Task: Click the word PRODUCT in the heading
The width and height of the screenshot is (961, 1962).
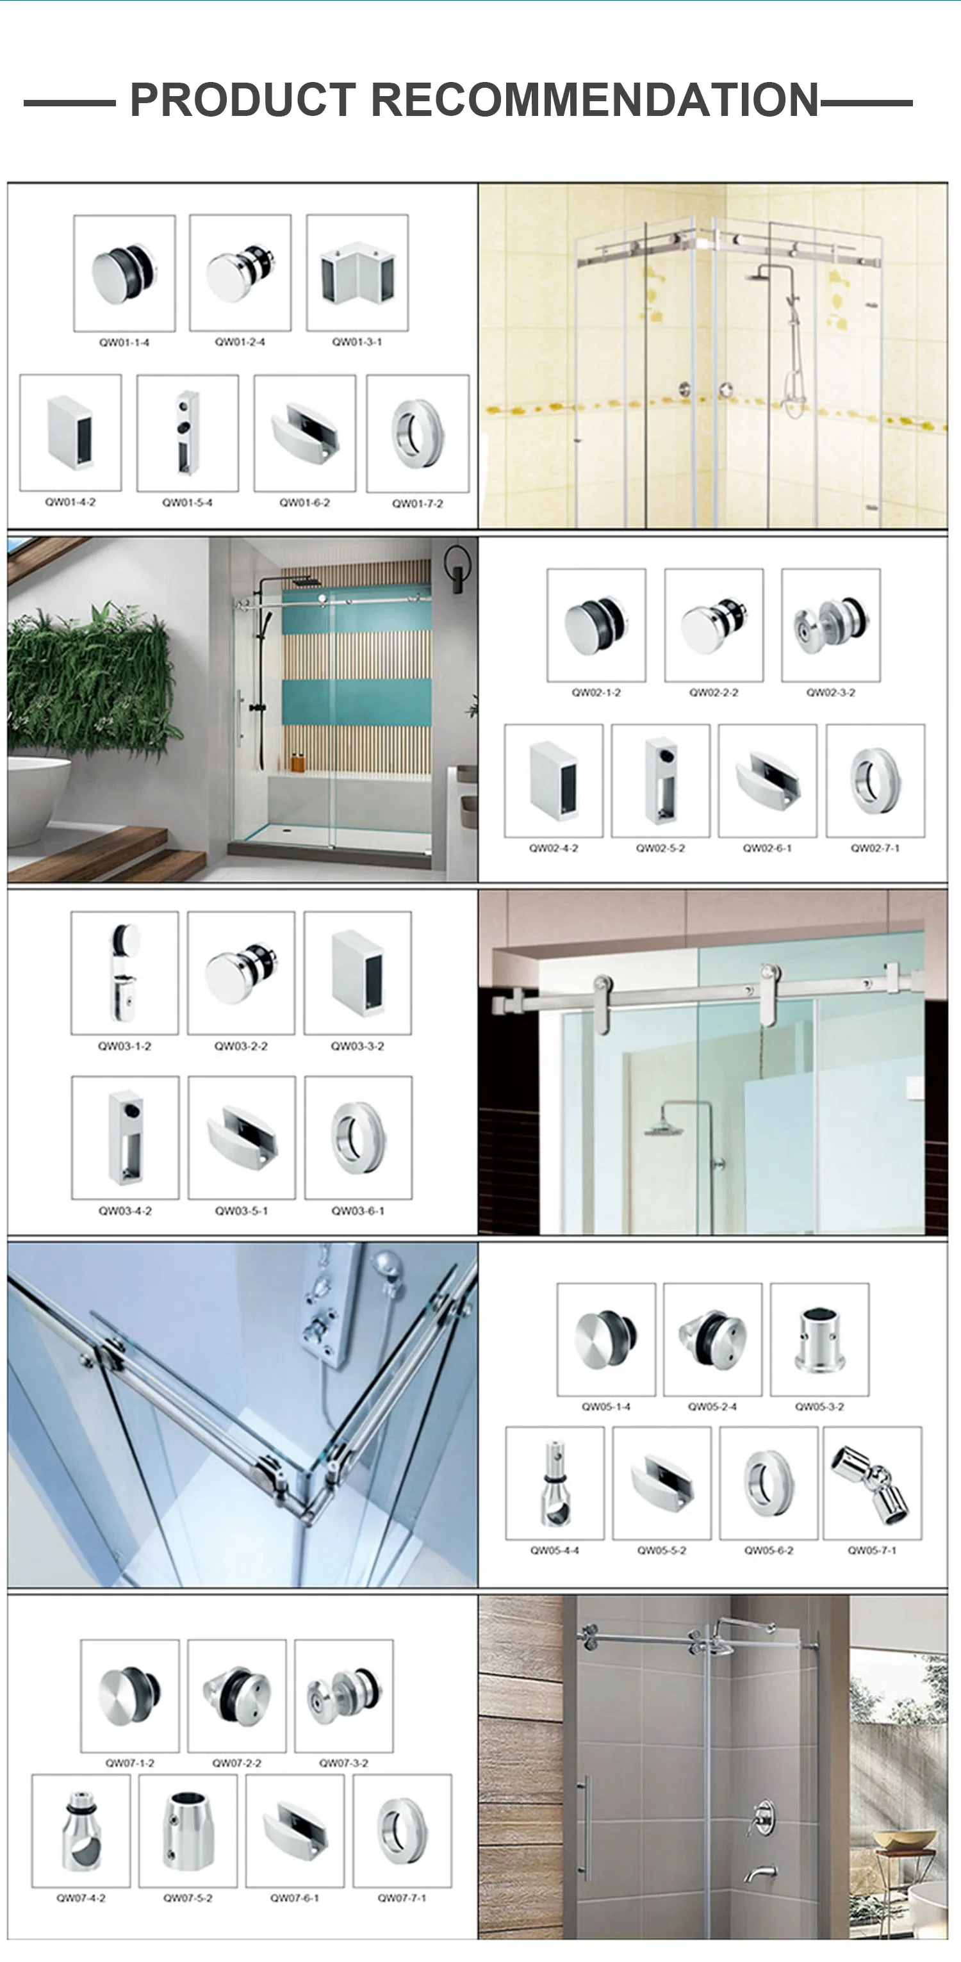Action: (242, 101)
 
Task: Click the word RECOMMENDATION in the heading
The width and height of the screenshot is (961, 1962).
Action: (594, 101)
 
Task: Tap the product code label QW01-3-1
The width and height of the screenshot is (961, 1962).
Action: (357, 342)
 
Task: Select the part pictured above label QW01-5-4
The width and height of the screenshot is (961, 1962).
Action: (187, 432)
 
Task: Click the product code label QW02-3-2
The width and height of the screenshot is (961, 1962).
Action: (831, 692)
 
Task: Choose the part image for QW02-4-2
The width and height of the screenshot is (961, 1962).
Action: (554, 781)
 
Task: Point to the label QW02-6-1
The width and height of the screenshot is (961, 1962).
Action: (768, 847)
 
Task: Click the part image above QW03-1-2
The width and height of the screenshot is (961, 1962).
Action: (124, 972)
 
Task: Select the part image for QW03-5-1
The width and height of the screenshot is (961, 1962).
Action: (242, 1137)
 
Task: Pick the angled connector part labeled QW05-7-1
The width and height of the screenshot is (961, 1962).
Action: (873, 1484)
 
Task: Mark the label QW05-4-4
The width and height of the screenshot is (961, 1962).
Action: (554, 1550)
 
